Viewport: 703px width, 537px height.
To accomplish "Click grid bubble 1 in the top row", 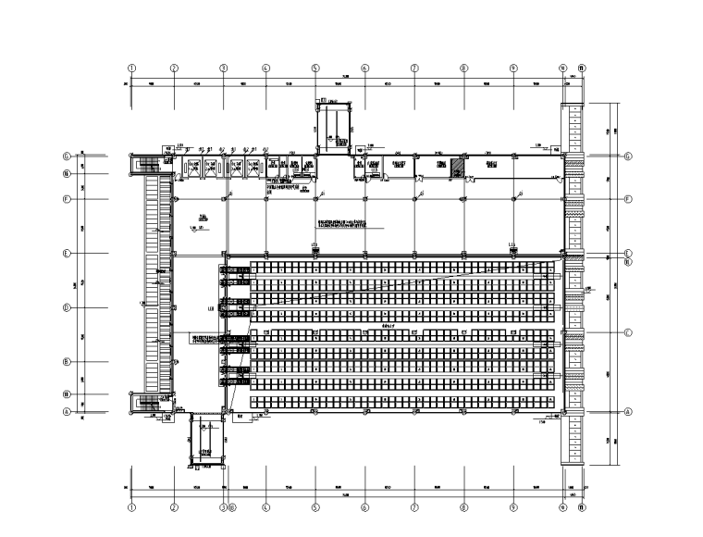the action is [x=131, y=68].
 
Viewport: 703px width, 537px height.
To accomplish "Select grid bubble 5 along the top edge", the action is [x=315, y=68].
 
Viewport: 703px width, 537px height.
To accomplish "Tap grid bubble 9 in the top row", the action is [x=513, y=68].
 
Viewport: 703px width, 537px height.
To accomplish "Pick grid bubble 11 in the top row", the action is [x=581, y=68].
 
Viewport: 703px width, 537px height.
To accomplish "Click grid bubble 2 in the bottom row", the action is [x=174, y=507].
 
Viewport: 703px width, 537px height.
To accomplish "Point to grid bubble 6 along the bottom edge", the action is [x=364, y=507].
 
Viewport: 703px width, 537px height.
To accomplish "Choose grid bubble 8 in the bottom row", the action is [x=464, y=507].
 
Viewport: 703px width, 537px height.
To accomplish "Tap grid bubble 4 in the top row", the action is [x=265, y=68].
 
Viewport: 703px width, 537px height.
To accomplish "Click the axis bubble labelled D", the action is [x=67, y=307].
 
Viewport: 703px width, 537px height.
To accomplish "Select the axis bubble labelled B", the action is [x=67, y=362].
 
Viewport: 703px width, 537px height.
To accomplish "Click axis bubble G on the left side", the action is [x=67, y=156].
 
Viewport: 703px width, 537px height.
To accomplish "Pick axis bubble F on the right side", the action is [x=628, y=199].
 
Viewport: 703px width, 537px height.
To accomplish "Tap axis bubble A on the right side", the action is [x=628, y=412].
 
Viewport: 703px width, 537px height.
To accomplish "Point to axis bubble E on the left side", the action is [x=67, y=253].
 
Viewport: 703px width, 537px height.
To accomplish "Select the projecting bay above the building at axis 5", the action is [x=333, y=125].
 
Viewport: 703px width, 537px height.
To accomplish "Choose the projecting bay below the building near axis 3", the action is [x=208, y=437].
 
